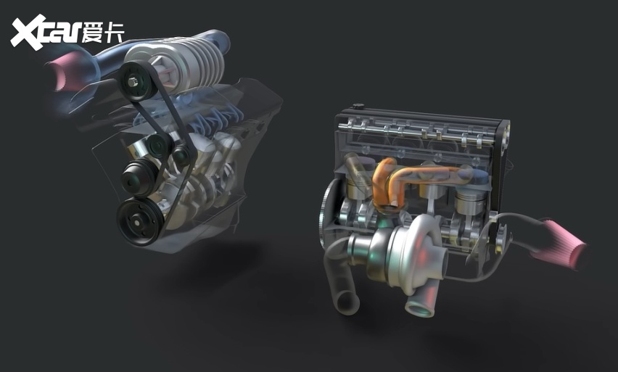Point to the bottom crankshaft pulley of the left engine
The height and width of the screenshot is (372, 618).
point(139,221)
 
